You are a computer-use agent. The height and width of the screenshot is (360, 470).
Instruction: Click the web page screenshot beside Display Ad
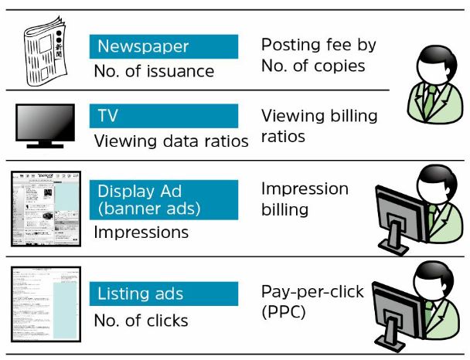(46, 209)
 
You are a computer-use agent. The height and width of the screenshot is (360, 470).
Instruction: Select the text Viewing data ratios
(171, 141)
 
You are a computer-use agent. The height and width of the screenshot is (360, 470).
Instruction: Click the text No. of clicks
(141, 320)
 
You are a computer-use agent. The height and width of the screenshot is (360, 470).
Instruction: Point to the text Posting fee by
(318, 45)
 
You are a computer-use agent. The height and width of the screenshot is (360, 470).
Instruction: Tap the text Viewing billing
(319, 116)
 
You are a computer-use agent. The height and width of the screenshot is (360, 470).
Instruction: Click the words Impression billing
(305, 199)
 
